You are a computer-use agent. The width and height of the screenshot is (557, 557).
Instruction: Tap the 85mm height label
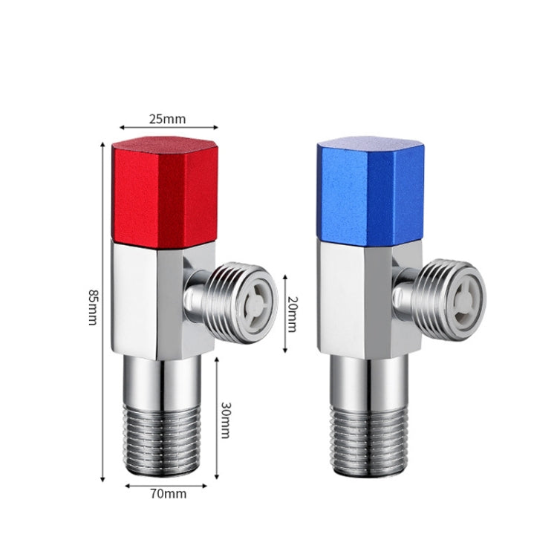tap(92, 307)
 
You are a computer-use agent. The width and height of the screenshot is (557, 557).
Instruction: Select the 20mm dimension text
tap(291, 313)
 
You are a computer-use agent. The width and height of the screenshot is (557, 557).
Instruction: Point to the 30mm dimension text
tap(226, 419)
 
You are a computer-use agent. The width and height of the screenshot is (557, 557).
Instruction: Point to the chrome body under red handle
tap(149, 301)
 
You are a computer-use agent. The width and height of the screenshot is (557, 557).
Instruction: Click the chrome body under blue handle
tap(355, 297)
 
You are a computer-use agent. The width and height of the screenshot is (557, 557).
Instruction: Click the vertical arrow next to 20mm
tap(284, 313)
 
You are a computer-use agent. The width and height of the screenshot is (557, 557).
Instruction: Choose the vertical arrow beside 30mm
tap(216, 417)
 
